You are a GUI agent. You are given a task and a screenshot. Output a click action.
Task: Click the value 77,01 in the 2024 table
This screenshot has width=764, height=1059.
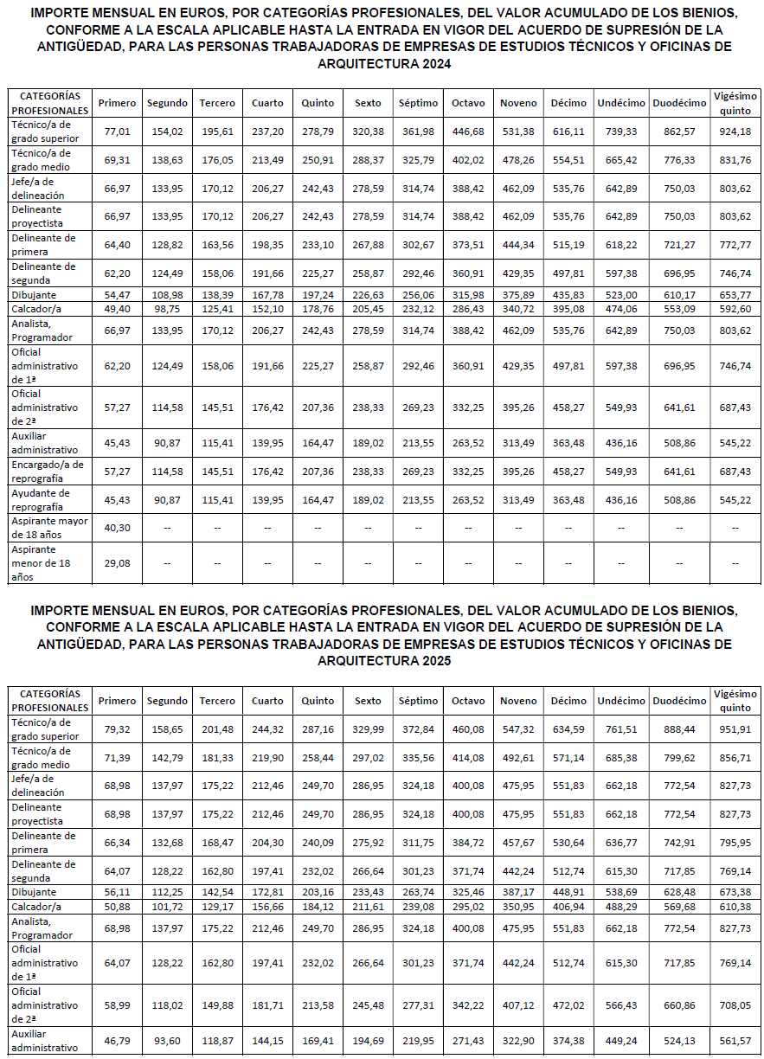(117, 132)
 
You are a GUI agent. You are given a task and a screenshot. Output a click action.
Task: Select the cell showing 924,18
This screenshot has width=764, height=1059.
(735, 132)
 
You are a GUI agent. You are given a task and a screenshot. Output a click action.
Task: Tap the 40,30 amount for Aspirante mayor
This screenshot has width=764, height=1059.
(117, 528)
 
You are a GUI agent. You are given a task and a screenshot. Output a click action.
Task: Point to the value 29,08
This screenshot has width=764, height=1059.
(117, 563)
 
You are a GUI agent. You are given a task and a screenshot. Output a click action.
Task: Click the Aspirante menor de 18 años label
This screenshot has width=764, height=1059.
(34, 562)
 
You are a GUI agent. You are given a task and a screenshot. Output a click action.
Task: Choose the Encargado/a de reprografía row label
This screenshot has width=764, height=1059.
(48, 472)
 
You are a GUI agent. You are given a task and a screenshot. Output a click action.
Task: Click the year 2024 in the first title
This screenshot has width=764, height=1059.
(435, 64)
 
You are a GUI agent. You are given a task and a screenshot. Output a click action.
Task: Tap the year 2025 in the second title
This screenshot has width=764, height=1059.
(435, 661)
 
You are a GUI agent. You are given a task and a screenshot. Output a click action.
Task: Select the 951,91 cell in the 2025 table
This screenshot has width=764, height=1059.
(735, 729)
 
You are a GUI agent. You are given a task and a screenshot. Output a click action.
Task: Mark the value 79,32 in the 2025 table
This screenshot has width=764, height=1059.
(117, 729)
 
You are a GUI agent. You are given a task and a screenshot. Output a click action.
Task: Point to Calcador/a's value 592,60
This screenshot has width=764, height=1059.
(735, 308)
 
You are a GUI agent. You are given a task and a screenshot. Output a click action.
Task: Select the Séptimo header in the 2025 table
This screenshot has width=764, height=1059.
(418, 701)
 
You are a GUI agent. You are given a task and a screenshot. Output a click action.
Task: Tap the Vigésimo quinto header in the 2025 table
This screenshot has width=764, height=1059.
(735, 701)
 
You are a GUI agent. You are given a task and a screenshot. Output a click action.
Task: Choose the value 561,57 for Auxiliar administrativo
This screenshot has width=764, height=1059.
(735, 1041)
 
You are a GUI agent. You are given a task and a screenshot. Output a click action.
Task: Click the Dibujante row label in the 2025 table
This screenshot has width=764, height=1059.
(34, 892)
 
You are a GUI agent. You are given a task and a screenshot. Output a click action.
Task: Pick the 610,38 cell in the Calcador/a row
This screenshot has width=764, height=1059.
(735, 906)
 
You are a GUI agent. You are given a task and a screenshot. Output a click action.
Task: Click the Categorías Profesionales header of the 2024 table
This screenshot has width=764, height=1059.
(50, 103)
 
